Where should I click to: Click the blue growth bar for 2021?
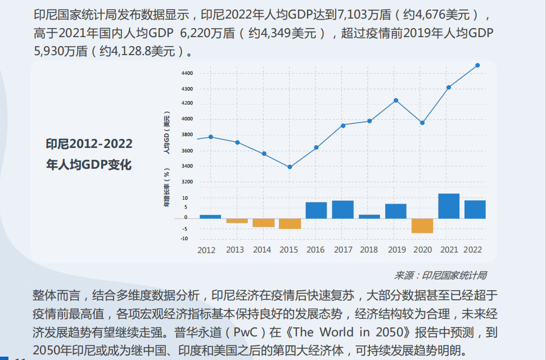click(x=449, y=206)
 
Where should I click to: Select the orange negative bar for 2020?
click(x=422, y=226)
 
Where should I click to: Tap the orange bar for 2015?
click(x=290, y=223)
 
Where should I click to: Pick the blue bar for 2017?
click(x=342, y=209)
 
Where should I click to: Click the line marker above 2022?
click(x=477, y=65)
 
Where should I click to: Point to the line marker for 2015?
click(x=290, y=167)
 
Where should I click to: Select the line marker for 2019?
click(x=396, y=101)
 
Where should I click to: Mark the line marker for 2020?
click(x=422, y=123)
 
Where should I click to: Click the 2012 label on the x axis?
click(x=206, y=250)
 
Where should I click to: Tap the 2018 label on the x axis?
click(x=369, y=250)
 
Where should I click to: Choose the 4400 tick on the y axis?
click(x=187, y=74)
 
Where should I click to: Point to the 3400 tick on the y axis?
click(x=187, y=166)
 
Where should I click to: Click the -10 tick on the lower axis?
click(x=184, y=238)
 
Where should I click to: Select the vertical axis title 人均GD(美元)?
click(x=166, y=134)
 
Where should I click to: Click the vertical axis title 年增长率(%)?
click(x=166, y=187)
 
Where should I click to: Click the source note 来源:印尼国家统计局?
click(x=440, y=275)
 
